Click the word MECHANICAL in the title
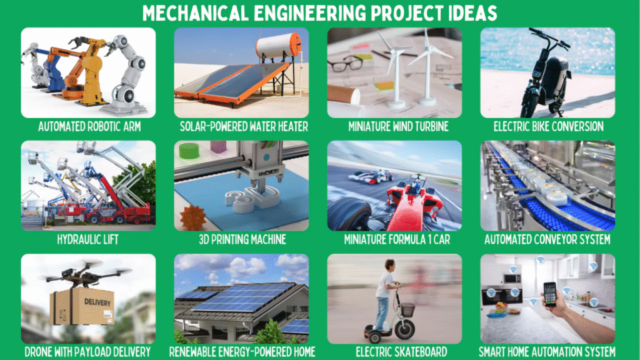pyautogui.click(x=196, y=13)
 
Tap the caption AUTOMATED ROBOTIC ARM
pyautogui.click(x=89, y=126)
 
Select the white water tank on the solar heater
pyautogui.click(x=279, y=46)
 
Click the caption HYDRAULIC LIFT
pyautogui.click(x=87, y=239)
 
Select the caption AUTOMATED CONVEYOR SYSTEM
pyautogui.click(x=547, y=239)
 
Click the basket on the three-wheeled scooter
pyautogui.click(x=407, y=310)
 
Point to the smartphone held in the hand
pyautogui.click(x=550, y=294)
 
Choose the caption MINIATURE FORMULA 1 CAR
pyautogui.click(x=397, y=239)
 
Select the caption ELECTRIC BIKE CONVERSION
pyautogui.click(x=549, y=126)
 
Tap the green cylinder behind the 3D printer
pyautogui.click(x=189, y=151)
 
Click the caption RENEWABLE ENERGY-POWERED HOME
pyautogui.click(x=242, y=352)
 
